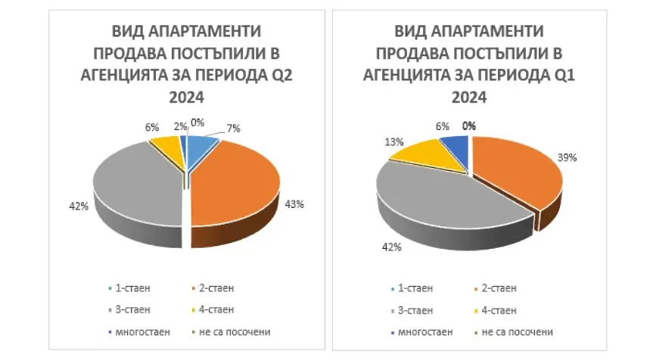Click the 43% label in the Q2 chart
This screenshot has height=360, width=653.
(x=295, y=204)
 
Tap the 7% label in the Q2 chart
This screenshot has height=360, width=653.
(x=235, y=129)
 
